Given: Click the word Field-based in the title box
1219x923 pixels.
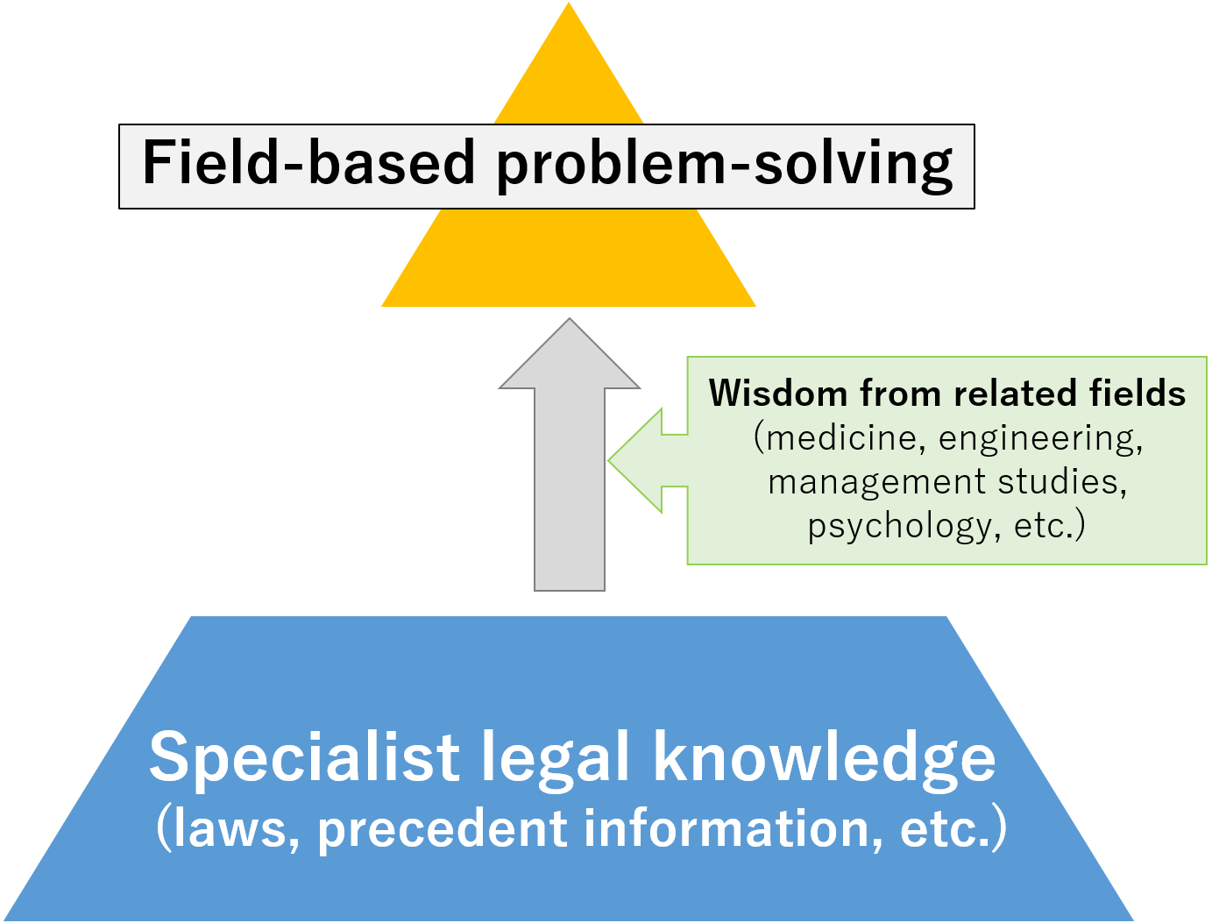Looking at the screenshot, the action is click(x=308, y=162).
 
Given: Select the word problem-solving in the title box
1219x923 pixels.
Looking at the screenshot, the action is click(x=725, y=166).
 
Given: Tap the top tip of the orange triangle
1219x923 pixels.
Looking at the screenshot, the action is click(x=568, y=4).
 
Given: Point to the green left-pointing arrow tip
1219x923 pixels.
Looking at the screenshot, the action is click(x=609, y=460).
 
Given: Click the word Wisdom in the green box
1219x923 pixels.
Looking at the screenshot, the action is click(x=778, y=394).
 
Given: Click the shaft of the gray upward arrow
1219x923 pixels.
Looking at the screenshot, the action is click(x=570, y=489).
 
